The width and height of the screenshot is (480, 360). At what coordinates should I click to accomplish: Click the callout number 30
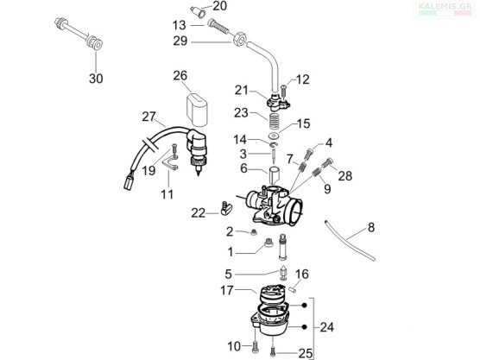tap(96, 79)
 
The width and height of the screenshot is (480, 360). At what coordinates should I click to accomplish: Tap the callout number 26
tap(180, 76)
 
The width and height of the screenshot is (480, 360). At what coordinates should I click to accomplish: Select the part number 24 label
tap(327, 327)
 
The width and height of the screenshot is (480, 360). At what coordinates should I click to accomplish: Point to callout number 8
tap(371, 227)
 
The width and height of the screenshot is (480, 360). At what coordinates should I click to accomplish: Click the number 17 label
tap(227, 291)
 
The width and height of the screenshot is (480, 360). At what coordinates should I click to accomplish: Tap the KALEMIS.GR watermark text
tap(445, 6)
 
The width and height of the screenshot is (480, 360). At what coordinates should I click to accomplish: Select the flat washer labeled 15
tap(274, 136)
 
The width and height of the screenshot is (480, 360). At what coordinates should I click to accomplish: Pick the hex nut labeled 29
tap(239, 40)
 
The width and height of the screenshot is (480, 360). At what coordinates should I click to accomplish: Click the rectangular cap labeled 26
tap(196, 110)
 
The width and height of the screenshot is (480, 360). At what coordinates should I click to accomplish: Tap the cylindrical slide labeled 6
tap(275, 175)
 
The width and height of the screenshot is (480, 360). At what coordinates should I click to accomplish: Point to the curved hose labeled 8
tap(349, 240)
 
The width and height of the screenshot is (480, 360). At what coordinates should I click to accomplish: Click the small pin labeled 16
tap(293, 289)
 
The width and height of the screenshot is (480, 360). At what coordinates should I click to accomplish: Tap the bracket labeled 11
tap(170, 162)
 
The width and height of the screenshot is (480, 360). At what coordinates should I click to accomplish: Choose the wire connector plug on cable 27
tap(129, 183)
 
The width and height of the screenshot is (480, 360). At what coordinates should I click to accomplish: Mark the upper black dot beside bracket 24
tap(304, 306)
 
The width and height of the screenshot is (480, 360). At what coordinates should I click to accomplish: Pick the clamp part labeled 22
tap(226, 208)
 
